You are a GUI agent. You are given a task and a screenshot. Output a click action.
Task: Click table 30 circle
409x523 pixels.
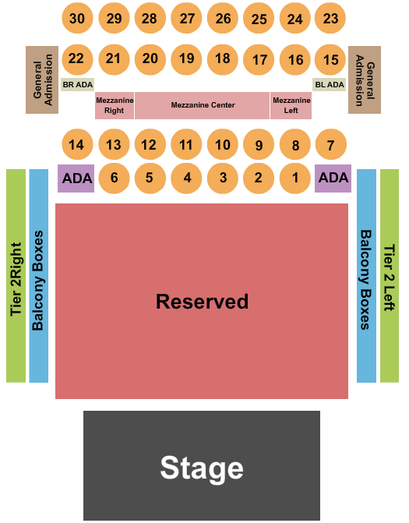(x=77, y=18)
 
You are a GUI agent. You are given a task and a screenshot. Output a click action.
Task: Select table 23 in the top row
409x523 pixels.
(x=330, y=18)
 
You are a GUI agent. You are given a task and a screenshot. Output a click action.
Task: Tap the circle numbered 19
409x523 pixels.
(x=186, y=59)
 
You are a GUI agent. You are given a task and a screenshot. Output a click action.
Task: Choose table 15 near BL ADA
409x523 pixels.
(x=330, y=59)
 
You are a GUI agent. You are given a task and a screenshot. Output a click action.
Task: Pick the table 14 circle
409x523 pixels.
(x=77, y=144)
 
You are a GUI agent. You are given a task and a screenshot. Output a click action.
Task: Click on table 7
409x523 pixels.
(x=331, y=144)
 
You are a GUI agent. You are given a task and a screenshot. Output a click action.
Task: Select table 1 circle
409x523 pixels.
(x=295, y=178)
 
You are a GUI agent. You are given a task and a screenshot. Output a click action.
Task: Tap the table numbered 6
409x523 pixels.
(x=114, y=178)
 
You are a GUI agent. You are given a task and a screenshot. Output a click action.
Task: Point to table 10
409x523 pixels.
(x=222, y=144)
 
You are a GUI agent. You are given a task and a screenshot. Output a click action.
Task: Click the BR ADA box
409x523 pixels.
(x=78, y=85)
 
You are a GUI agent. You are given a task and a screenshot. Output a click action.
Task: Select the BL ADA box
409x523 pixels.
(x=330, y=85)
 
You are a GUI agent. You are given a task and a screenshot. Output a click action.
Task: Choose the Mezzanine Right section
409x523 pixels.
(x=115, y=105)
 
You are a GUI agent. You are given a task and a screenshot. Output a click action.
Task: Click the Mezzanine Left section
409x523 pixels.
(x=291, y=105)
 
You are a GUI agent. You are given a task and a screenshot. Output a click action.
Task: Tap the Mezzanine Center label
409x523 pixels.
(x=203, y=105)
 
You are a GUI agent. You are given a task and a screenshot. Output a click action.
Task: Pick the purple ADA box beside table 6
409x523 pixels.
(x=76, y=178)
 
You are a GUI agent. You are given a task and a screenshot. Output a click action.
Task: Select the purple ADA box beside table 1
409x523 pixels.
(x=333, y=178)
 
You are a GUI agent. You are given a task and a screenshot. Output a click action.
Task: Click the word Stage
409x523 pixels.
(x=202, y=468)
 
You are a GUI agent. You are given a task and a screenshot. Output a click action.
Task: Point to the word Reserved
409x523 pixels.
(x=202, y=301)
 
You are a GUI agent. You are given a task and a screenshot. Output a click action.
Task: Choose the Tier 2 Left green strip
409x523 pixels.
(x=390, y=275)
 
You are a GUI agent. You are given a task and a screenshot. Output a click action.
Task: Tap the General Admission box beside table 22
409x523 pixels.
(x=42, y=80)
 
